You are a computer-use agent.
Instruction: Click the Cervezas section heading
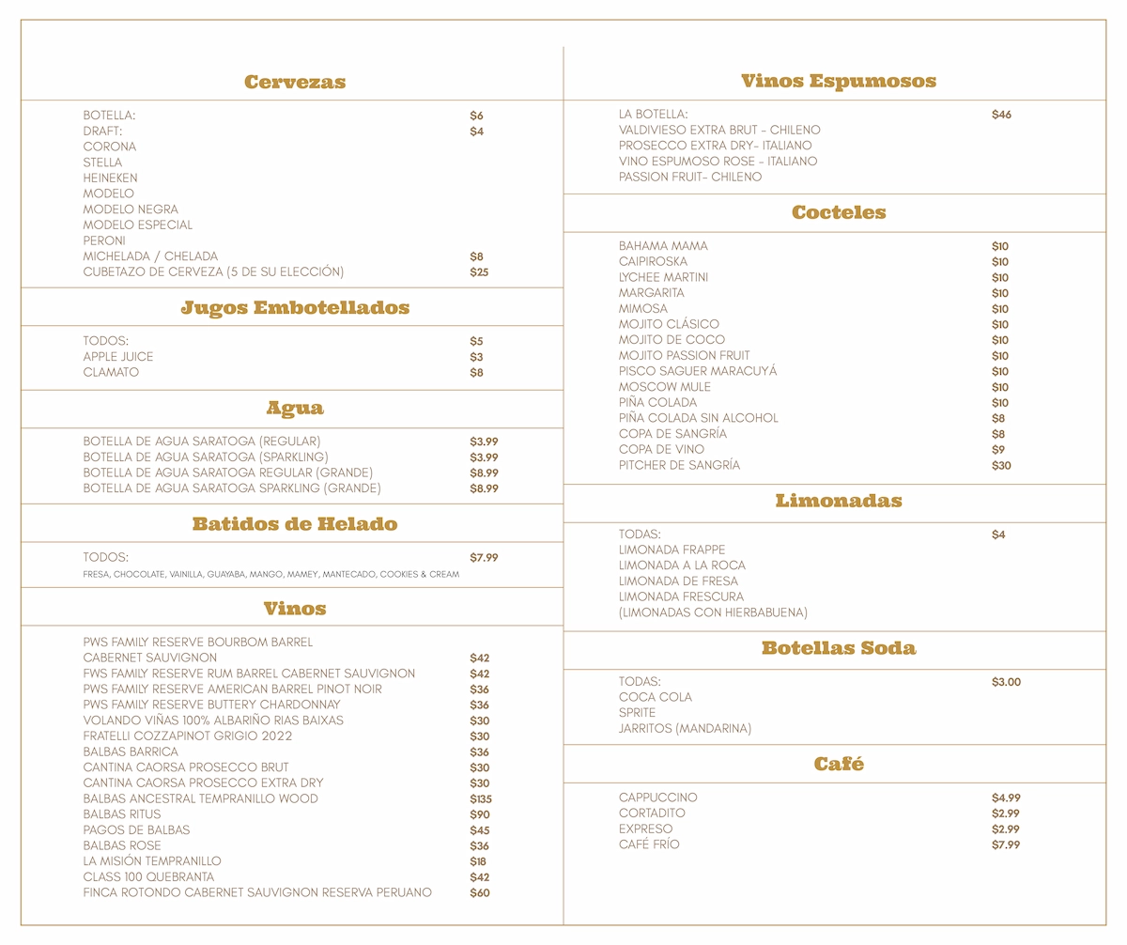click(295, 82)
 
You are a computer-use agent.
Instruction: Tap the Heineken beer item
click(110, 178)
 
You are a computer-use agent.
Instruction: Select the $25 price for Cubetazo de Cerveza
click(479, 272)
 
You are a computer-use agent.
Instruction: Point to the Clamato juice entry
click(111, 372)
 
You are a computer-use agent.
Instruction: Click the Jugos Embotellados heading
click(295, 308)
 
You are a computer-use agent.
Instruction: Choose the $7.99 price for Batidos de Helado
click(484, 557)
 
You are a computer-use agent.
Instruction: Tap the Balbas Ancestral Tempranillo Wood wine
click(200, 798)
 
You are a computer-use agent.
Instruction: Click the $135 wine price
click(481, 798)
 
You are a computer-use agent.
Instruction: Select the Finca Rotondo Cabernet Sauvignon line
click(257, 892)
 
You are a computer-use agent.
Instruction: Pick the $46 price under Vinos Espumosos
click(1001, 115)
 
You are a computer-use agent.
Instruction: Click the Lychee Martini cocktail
click(663, 277)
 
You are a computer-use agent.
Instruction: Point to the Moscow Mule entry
click(664, 387)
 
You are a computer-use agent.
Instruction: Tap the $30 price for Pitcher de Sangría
click(1001, 465)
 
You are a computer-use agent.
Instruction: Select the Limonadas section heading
click(839, 502)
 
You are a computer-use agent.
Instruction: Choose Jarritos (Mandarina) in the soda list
click(685, 728)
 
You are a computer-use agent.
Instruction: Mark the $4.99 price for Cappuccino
click(1006, 798)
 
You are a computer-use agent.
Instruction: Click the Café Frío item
click(649, 844)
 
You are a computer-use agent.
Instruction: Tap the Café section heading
click(839, 765)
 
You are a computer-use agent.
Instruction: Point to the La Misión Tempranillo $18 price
click(478, 861)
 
